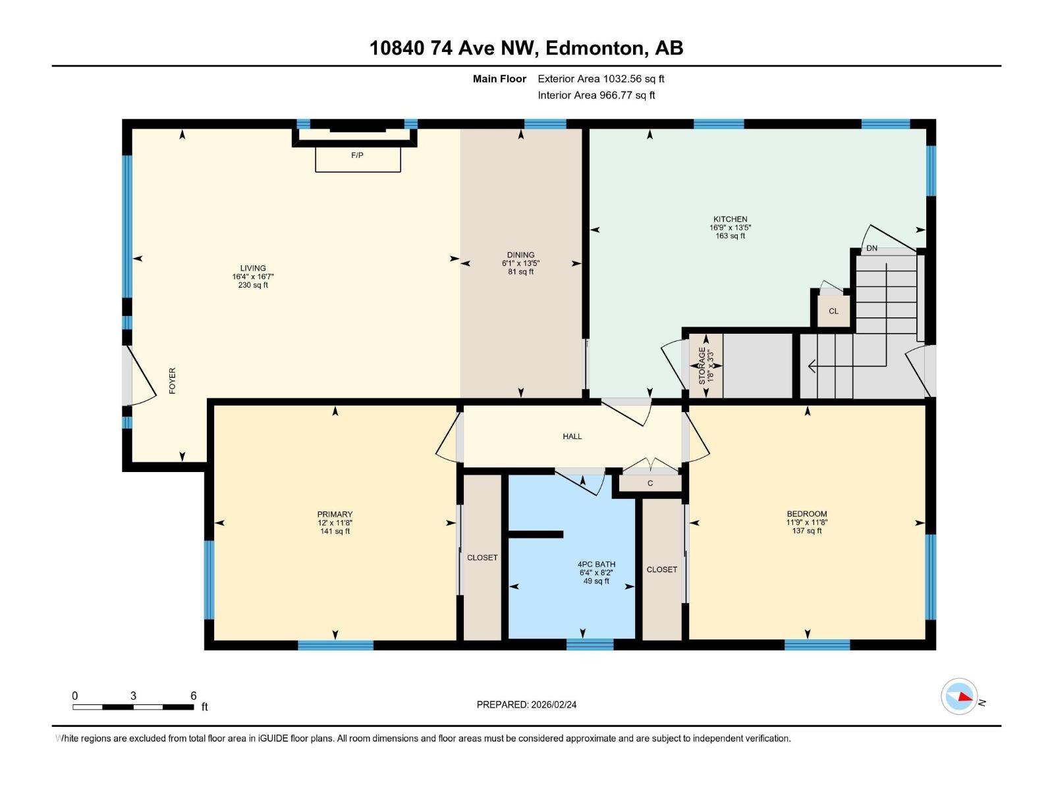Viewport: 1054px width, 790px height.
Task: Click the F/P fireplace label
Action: click(357, 155)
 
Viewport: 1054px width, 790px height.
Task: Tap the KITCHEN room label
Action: click(730, 219)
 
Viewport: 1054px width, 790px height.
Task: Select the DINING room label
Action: click(520, 255)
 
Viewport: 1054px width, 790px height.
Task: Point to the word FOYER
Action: click(173, 381)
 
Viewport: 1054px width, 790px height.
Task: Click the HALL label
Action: click(572, 436)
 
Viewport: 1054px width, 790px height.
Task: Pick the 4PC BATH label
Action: click(596, 565)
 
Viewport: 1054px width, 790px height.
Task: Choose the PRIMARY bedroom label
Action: click(335, 514)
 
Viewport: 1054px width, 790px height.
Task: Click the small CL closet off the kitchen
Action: click(833, 311)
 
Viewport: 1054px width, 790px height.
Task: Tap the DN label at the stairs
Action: click(872, 248)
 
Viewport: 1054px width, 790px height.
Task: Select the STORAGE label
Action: click(702, 365)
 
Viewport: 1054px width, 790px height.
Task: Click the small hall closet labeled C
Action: click(650, 483)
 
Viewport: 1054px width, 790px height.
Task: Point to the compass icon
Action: click(959, 697)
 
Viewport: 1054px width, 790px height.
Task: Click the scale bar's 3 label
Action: click(134, 696)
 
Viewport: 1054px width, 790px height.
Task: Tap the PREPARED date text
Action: click(526, 704)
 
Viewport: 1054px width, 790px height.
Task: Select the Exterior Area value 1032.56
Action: click(623, 78)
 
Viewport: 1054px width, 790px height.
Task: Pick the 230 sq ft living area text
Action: click(253, 285)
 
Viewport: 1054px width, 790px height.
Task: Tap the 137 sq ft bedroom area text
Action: click(807, 531)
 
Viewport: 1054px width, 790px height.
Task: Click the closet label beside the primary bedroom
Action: click(482, 558)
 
